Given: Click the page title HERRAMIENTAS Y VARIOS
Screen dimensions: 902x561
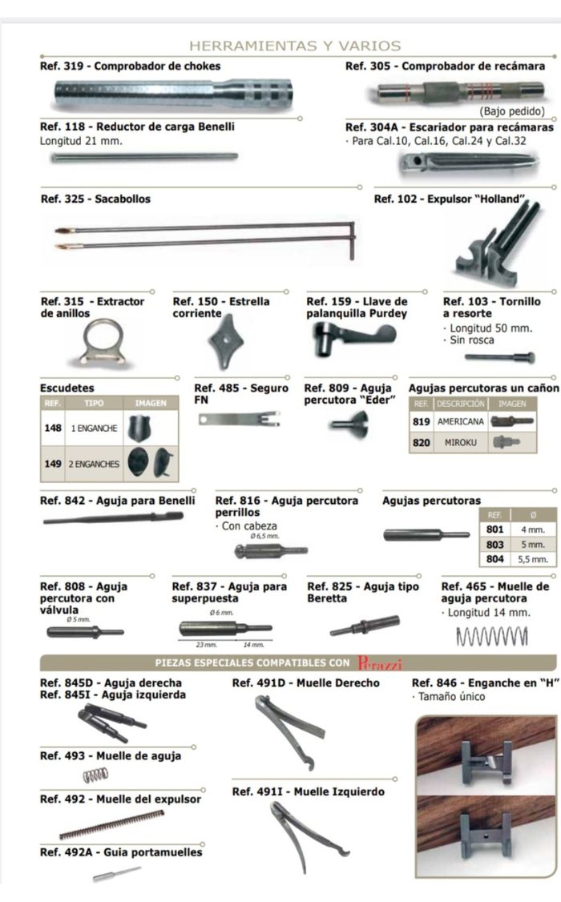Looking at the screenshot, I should [x=295, y=46].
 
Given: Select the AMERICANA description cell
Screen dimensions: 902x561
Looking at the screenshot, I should [x=460, y=421].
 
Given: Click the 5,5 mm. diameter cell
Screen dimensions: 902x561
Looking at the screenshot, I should [x=532, y=559].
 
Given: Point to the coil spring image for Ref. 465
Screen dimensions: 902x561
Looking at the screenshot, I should [x=492, y=636].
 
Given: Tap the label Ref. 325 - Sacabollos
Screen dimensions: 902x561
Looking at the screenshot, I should [x=95, y=199].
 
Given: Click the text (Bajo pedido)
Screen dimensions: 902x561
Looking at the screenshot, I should [x=511, y=111].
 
